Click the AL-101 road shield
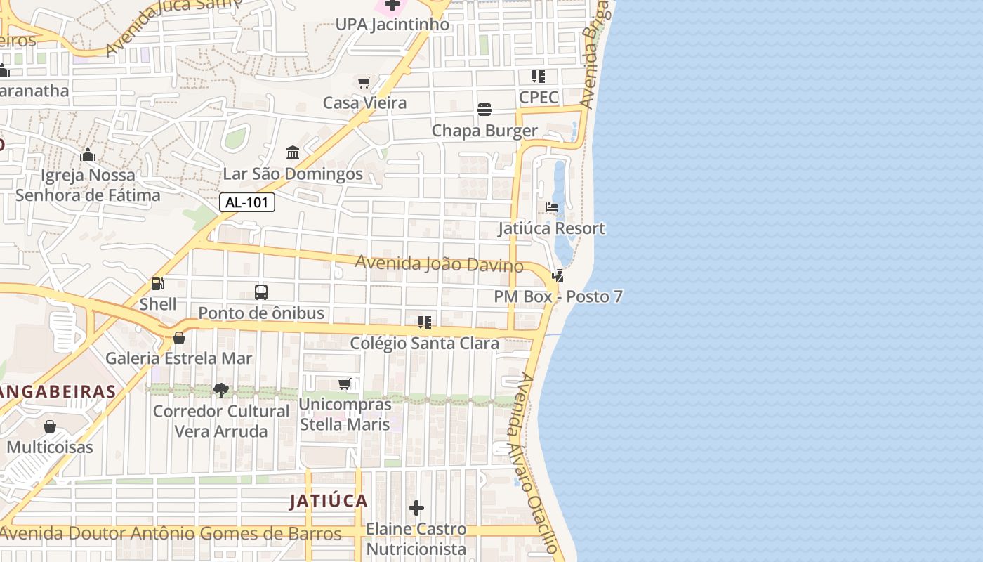tap(247, 203)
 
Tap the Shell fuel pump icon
tap(158, 284)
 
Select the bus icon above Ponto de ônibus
tap(261, 292)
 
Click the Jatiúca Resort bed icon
tap(552, 207)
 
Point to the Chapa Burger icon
tap(484, 110)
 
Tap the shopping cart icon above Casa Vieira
tap(364, 83)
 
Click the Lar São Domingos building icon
tap(293, 153)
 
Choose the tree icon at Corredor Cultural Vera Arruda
tap(221, 390)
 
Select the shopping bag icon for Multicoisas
tap(50, 426)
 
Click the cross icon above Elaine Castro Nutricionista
tap(416, 507)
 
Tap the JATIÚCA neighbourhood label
tap(329, 501)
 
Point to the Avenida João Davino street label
tap(439, 264)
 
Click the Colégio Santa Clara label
tap(425, 344)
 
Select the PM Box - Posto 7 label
tap(558, 296)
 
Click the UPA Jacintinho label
tap(392, 25)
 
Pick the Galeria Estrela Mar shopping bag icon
tap(179, 338)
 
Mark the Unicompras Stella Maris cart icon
tap(345, 384)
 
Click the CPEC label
tap(539, 97)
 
